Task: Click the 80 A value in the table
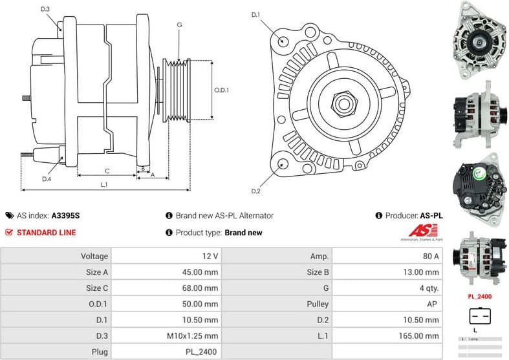click(x=430, y=256)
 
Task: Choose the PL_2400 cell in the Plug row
click(x=202, y=352)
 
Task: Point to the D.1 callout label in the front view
click(x=255, y=15)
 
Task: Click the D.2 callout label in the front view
click(x=255, y=191)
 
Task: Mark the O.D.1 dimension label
click(x=222, y=90)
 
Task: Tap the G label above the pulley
click(x=179, y=25)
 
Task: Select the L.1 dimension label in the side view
click(x=103, y=185)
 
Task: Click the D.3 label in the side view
click(x=45, y=9)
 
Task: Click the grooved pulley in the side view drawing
click(x=178, y=90)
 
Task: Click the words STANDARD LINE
click(x=46, y=233)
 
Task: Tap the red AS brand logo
click(x=424, y=231)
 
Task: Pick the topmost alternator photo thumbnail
click(x=479, y=40)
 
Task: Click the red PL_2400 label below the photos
click(x=479, y=297)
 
